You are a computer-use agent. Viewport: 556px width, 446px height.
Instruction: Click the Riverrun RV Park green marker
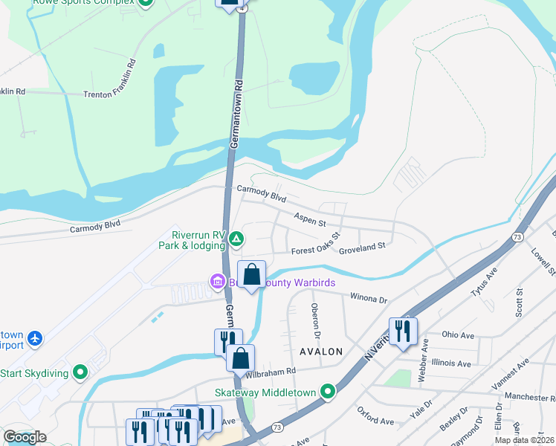click(x=236, y=239)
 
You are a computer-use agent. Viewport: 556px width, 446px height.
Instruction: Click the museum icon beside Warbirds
click(x=218, y=282)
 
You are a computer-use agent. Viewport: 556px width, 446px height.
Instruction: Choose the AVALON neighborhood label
click(x=321, y=352)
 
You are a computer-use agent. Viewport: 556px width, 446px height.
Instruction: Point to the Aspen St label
click(x=310, y=221)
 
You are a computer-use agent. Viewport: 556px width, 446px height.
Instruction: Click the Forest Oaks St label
click(x=315, y=248)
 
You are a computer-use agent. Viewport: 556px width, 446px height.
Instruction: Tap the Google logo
click(x=25, y=437)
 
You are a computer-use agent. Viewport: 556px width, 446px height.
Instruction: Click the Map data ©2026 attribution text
click(x=524, y=440)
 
